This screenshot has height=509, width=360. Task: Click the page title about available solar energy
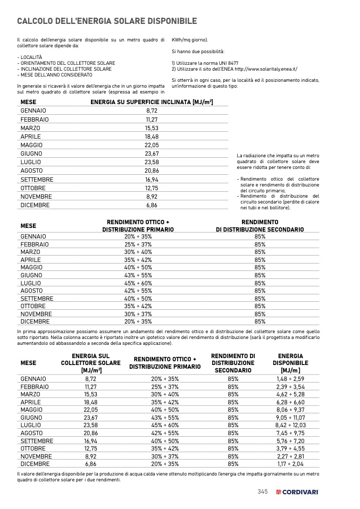[x=107, y=21]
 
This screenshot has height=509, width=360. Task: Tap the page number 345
[x=262, y=491]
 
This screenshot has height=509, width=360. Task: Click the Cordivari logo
[x=297, y=492]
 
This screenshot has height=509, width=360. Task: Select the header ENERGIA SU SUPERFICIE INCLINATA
[x=152, y=101]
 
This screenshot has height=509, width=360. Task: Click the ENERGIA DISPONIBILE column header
[x=290, y=363]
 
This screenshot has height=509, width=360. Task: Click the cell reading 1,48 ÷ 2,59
[x=290, y=379]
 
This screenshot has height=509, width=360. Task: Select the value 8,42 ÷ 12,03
[x=290, y=425]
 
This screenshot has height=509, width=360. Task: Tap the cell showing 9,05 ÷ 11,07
[x=290, y=418]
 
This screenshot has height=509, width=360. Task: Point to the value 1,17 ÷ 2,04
[x=290, y=464]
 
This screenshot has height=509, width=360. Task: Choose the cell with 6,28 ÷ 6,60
[x=290, y=402]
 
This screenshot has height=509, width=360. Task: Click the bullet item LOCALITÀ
[x=30, y=57]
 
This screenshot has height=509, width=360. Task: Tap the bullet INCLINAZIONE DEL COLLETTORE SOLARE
[x=65, y=69]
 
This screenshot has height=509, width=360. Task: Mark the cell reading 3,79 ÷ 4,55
[x=290, y=448]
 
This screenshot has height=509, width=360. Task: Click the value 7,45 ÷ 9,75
[x=290, y=433]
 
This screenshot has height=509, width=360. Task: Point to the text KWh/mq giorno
[x=189, y=40]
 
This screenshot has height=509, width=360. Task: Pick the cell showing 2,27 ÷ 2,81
[x=290, y=456]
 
